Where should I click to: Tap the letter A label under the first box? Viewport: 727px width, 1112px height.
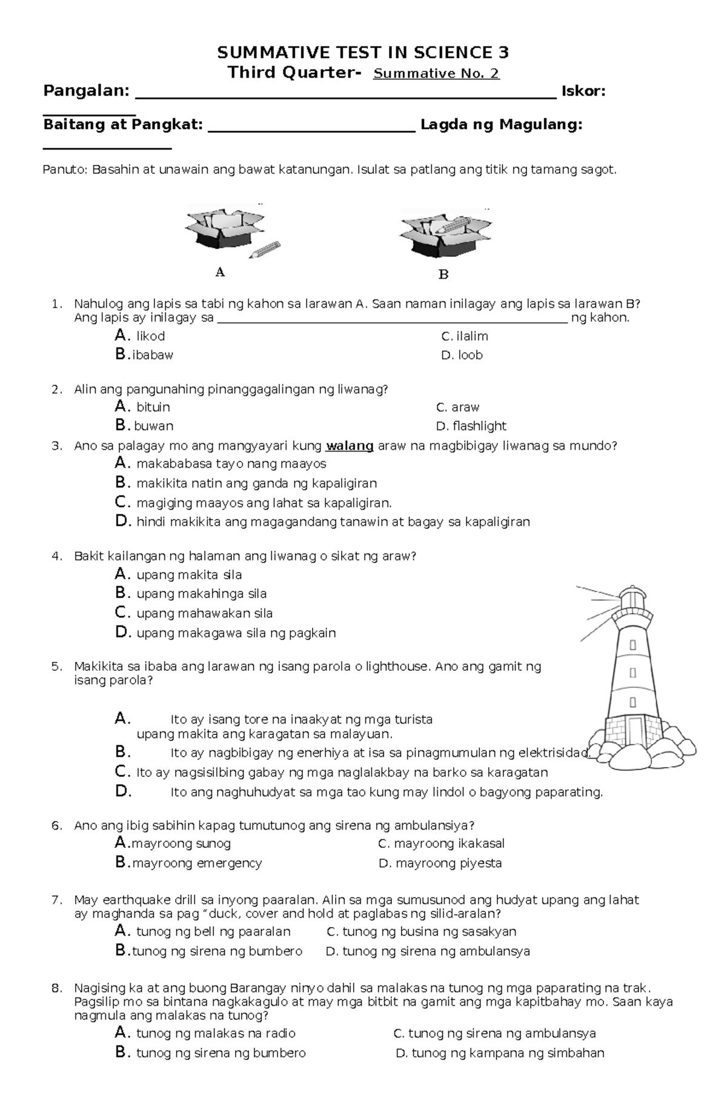[x=220, y=272]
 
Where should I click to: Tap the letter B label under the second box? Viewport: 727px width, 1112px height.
[x=443, y=275]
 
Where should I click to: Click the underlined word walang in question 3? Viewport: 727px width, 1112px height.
[x=350, y=446]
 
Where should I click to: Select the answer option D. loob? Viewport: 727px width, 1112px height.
[x=462, y=355]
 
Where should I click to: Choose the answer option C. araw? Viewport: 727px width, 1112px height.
[x=457, y=407]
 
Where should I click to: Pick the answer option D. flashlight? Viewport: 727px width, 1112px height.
[x=471, y=426]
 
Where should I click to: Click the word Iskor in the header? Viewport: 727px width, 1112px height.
[x=583, y=92]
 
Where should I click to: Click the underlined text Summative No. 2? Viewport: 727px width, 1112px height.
[x=436, y=74]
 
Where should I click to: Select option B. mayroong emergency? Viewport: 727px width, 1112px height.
[x=189, y=863]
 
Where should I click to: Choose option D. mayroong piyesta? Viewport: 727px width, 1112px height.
[x=440, y=863]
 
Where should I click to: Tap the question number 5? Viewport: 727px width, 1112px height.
[x=57, y=667]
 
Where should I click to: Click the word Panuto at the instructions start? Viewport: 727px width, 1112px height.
[x=65, y=170]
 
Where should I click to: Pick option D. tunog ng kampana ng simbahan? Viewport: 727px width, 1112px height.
[x=500, y=1053]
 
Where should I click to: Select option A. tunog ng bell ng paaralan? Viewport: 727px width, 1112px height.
[x=203, y=931]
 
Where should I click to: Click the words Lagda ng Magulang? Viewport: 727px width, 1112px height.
[x=501, y=125]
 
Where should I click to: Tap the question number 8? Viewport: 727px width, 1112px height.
[x=57, y=988]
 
